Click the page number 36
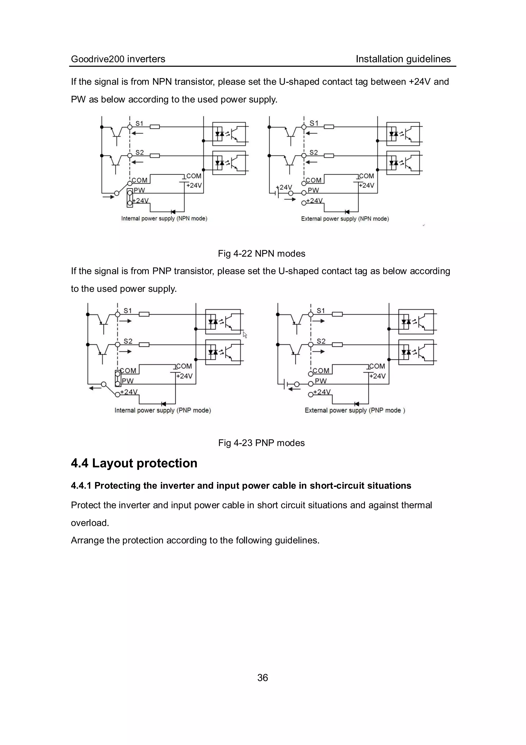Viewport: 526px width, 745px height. pos(262,677)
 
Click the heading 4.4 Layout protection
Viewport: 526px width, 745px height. pos(134,463)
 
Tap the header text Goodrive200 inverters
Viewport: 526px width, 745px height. pos(118,59)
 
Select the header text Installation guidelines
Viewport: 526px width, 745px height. pos(403,59)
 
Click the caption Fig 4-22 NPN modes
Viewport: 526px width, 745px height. pos(261,253)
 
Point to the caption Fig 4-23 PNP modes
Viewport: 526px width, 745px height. pos(261,443)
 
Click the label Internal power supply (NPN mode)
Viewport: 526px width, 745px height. pos(164,218)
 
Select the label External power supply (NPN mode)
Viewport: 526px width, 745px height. pos(345,219)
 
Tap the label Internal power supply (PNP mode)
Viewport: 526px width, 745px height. pos(163,410)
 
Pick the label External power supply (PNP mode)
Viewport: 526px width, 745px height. pos(355,410)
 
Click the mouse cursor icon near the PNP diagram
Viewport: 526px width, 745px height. pos(245,335)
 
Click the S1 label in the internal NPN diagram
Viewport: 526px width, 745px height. pos(139,123)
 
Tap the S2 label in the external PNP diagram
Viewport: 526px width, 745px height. pos(321,341)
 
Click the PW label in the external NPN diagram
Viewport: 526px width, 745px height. pos(313,190)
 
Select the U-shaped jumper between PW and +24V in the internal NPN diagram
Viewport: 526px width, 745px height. pos(130,197)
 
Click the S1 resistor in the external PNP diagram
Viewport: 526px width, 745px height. pos(337,314)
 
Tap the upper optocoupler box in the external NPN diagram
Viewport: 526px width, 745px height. pos(403,134)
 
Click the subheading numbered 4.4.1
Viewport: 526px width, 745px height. pos(241,485)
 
